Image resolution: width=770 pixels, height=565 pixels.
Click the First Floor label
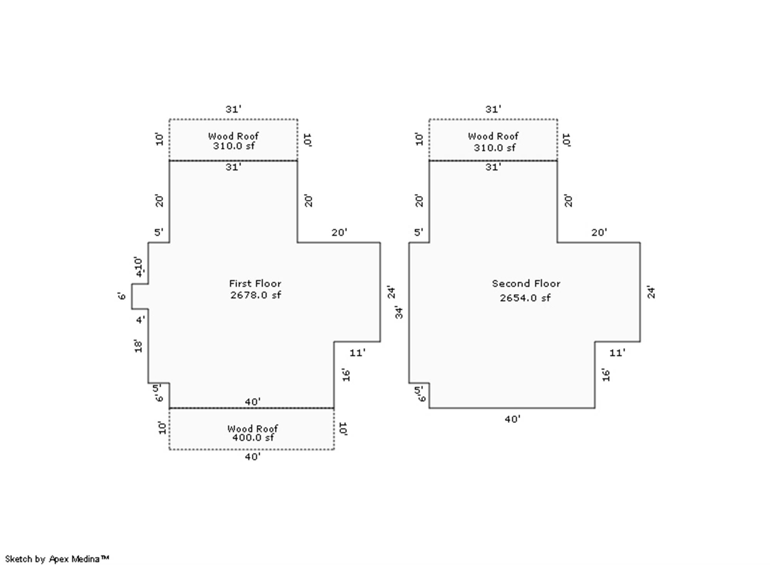255,284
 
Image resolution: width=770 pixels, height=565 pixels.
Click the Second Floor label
526,284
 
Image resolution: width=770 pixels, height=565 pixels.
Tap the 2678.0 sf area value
256,295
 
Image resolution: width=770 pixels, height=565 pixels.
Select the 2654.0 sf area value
525,298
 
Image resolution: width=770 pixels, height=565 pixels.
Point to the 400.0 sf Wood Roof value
253,438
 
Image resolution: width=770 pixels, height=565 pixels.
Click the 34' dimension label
399,313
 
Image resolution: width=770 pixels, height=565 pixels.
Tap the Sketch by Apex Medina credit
57,559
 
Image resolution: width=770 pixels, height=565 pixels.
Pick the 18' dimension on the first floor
138,346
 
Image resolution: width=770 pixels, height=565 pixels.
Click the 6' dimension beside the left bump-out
122,296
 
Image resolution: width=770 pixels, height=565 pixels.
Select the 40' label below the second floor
512,419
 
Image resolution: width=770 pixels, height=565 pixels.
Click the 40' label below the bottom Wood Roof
253,457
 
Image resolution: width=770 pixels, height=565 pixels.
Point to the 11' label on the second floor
617,353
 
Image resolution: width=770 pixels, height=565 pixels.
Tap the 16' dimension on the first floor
346,375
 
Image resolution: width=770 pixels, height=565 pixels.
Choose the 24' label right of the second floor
651,292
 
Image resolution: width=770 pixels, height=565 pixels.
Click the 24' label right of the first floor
391,292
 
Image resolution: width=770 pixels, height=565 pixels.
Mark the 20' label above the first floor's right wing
339,232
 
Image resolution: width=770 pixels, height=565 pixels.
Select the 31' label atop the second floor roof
493,109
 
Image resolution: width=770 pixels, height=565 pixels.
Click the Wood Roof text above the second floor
493,136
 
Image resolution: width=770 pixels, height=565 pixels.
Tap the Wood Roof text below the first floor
253,428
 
